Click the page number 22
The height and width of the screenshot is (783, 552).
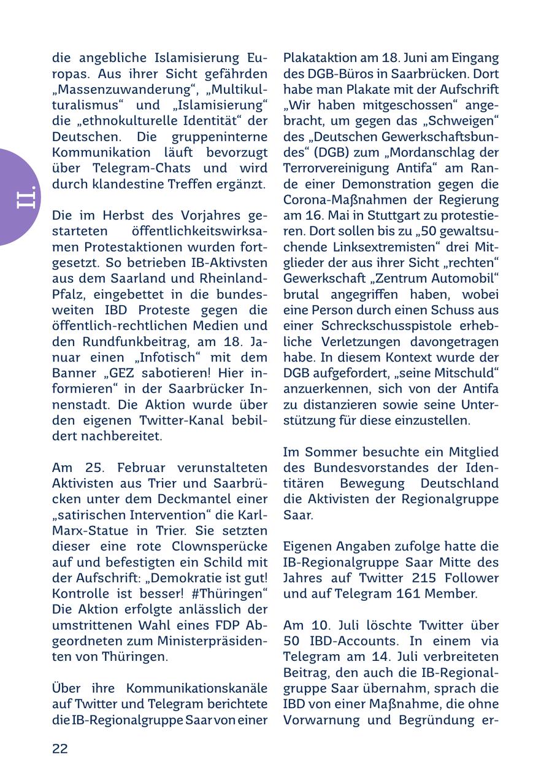point(60,748)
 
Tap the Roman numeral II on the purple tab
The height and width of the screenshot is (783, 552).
point(26,196)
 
